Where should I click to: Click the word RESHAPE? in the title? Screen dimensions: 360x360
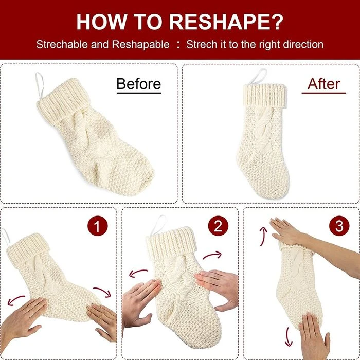(226, 22)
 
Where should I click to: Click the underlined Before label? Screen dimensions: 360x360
(139, 84)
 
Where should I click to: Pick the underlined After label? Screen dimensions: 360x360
(323, 84)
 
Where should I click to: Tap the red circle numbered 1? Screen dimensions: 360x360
(98, 226)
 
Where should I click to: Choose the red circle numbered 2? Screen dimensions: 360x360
(218, 226)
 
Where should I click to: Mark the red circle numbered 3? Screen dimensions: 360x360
(339, 226)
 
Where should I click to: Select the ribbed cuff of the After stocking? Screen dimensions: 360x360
(265, 95)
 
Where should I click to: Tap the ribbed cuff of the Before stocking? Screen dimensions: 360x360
(63, 101)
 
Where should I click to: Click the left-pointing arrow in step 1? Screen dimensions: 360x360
(15, 299)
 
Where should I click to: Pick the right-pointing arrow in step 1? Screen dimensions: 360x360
(103, 291)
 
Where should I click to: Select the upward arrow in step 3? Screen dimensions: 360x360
(263, 236)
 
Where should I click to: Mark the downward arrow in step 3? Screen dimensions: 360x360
(288, 337)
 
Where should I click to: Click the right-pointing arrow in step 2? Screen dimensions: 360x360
(212, 255)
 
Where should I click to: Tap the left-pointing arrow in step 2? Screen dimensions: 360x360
(138, 272)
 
